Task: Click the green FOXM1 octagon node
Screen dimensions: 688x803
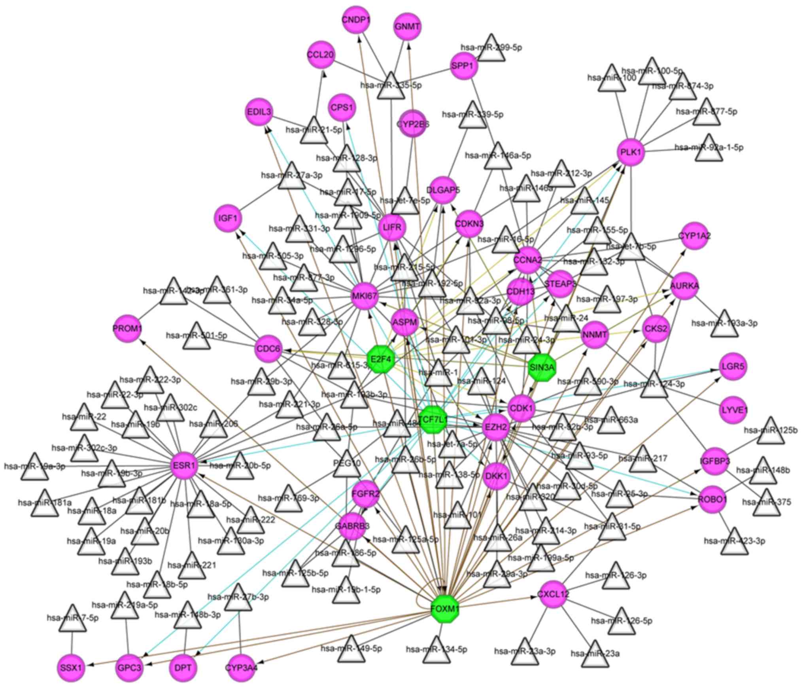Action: click(x=444, y=609)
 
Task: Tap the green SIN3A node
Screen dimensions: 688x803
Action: click(x=542, y=367)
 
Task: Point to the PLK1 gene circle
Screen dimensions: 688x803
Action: click(x=631, y=152)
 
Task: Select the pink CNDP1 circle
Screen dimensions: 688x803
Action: click(x=356, y=20)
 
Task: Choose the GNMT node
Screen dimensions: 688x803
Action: click(x=407, y=26)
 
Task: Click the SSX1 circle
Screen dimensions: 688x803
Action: click(x=71, y=668)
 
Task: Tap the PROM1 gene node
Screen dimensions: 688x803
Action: click(x=127, y=329)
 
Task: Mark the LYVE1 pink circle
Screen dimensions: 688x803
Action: click(x=733, y=410)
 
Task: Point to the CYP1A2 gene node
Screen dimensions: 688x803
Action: click(x=694, y=236)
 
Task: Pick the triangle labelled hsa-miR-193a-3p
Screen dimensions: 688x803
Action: click(x=724, y=325)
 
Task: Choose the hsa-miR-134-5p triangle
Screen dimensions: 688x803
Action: click(x=436, y=651)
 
